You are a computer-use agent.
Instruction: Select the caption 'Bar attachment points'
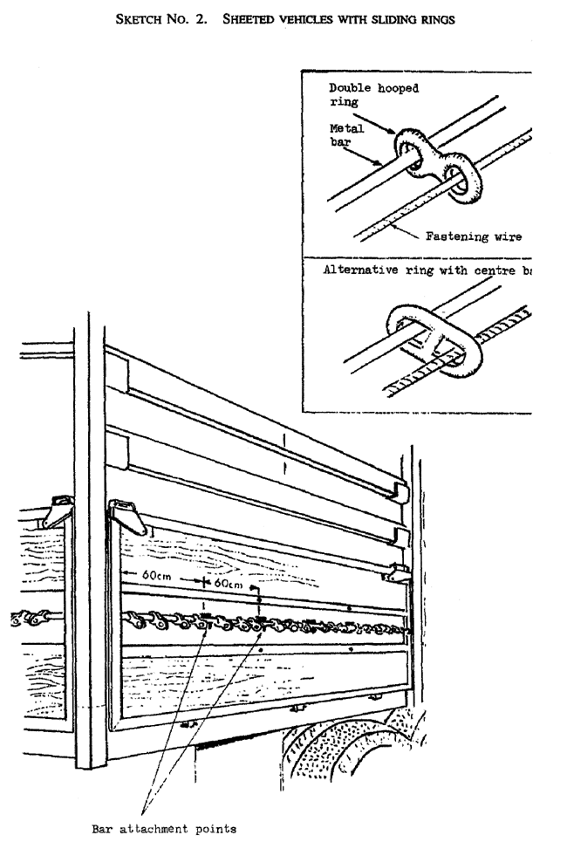(x=163, y=829)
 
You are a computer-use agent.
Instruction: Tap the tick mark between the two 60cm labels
(x=202, y=579)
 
